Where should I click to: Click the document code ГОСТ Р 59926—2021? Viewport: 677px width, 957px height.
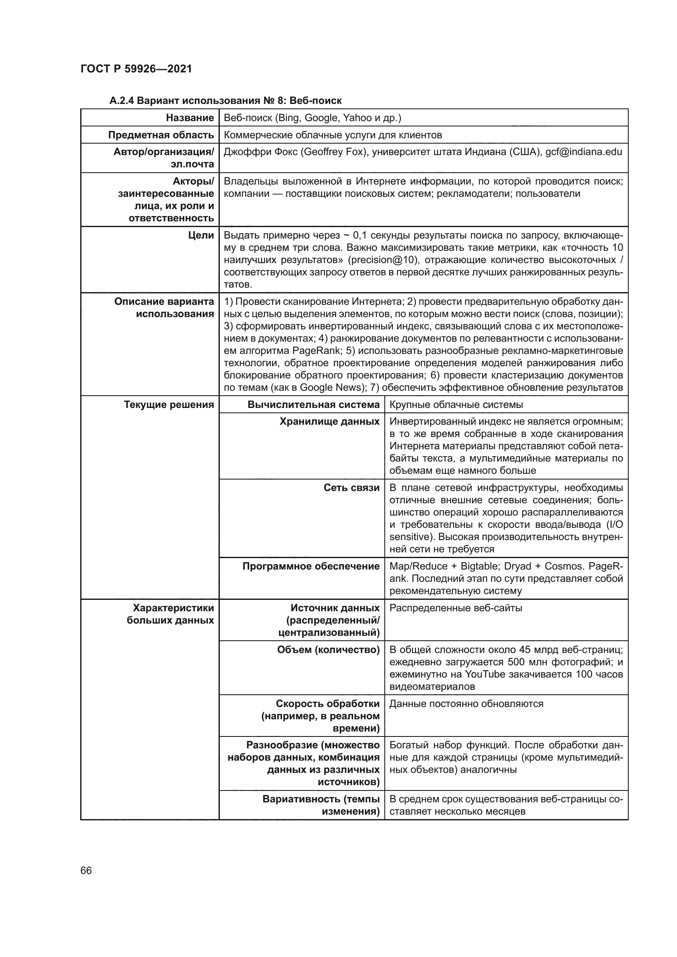click(x=136, y=69)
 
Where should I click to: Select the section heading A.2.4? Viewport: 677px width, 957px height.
click(x=225, y=101)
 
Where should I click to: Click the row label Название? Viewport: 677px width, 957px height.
click(x=190, y=118)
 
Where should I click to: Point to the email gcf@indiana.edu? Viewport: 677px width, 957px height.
click(x=584, y=152)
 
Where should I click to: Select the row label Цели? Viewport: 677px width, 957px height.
click(x=201, y=236)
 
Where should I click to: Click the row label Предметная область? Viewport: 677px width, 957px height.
click(x=161, y=135)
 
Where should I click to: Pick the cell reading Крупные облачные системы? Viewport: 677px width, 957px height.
click(x=456, y=405)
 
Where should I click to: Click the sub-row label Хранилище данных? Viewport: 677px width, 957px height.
click(x=329, y=422)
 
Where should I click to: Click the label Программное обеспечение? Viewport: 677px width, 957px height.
click(x=311, y=566)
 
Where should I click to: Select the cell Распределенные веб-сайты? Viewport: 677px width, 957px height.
click(x=456, y=608)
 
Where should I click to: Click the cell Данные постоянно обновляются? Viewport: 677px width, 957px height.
click(x=466, y=704)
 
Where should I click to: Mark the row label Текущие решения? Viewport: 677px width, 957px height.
click(x=169, y=405)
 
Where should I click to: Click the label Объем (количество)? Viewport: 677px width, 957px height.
click(x=328, y=650)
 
